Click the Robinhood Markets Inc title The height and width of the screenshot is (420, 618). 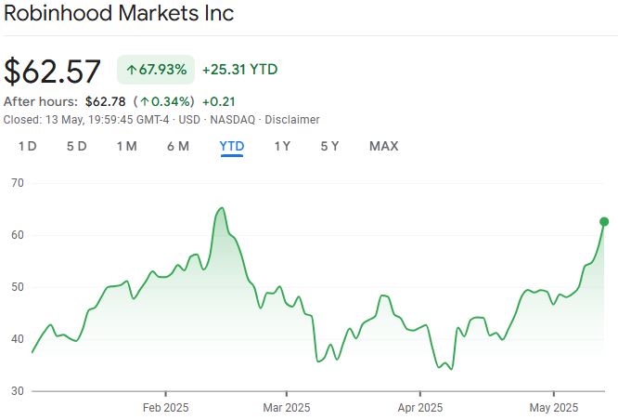click(119, 14)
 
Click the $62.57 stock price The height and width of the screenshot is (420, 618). click(53, 72)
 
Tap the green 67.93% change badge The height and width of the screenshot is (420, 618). click(156, 70)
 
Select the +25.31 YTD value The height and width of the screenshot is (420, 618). click(239, 70)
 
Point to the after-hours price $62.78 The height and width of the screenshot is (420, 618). click(104, 101)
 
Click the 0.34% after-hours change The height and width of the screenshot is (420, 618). click(168, 101)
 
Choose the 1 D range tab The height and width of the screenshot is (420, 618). click(27, 146)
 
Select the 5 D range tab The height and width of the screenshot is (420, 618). click(76, 146)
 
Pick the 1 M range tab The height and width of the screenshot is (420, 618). click(126, 146)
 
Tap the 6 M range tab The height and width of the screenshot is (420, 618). click(177, 146)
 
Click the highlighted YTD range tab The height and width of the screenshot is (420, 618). click(231, 146)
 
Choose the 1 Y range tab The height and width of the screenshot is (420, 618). click(282, 146)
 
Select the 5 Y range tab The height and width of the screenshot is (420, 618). click(329, 146)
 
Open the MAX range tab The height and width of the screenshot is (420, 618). click(383, 146)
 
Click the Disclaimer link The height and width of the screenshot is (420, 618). click(292, 120)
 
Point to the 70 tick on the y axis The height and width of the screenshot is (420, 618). click(17, 183)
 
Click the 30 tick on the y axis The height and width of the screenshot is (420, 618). click(17, 391)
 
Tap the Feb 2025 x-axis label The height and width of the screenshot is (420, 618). click(165, 407)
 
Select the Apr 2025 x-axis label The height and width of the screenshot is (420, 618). click(419, 407)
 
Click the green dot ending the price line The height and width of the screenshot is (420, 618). click(604, 221)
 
